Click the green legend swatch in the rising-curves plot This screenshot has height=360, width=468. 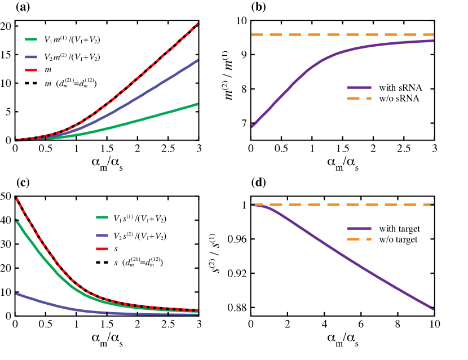31,39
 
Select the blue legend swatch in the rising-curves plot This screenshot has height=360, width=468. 31,57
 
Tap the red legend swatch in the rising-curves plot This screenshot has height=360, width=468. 31,70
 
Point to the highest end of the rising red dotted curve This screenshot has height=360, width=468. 197,25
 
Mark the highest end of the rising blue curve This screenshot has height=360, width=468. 197,60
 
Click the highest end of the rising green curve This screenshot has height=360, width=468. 197,104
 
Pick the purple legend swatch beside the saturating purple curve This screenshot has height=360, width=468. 359,88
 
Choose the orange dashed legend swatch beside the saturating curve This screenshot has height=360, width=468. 359,99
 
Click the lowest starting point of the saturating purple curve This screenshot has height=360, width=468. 253,126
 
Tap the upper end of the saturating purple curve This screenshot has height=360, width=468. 432,41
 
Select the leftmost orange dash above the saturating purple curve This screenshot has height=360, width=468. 257,35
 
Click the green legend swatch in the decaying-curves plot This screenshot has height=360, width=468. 102,217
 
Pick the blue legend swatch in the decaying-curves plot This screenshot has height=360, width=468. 102,235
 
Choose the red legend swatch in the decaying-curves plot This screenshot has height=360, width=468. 102,249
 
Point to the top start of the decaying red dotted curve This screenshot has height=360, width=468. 17,199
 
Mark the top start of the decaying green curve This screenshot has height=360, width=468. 16,220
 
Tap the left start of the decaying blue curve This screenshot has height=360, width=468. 17,294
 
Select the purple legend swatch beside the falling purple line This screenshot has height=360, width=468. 359,228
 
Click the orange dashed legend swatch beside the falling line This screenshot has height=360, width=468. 359,239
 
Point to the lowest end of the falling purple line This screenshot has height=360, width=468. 432,309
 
